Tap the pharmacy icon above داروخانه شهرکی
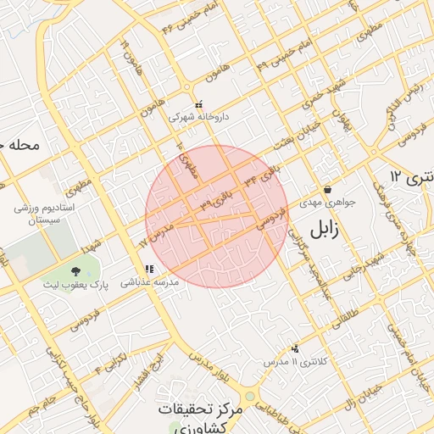(198, 104)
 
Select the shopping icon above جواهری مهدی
(327, 189)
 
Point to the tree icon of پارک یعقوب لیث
(76, 271)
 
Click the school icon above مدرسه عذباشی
(149, 269)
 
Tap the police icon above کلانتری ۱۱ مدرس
(295, 348)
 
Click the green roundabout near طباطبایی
(249, 397)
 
